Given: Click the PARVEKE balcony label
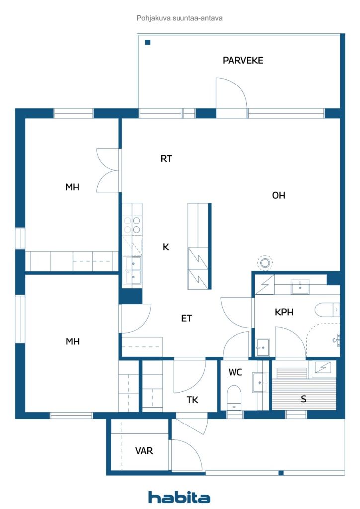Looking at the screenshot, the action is pos(243,60).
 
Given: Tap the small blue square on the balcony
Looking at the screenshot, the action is pos(148,42).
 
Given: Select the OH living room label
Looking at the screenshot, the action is pos(279,195).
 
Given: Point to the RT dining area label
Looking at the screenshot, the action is pos(166,159).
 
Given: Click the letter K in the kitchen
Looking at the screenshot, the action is pos(166,247).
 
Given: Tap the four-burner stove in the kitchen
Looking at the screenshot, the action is pos(132,225).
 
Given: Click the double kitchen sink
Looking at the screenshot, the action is pos(132,270).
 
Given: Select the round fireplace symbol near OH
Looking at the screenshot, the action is pos(265,262).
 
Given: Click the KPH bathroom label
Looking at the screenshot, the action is pos(284,312).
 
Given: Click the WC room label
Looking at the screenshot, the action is pos(235,372).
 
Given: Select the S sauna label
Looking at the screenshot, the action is pos(303,399).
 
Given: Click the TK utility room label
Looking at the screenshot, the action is pos(192,400).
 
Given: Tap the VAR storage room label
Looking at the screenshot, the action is pos(144,451).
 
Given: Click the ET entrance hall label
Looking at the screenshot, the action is pos(186,319).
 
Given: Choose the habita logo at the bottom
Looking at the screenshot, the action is pos(179,497).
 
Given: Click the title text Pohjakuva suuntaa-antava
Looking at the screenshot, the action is pos(180,18).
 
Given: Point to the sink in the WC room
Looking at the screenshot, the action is pos(260,383).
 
